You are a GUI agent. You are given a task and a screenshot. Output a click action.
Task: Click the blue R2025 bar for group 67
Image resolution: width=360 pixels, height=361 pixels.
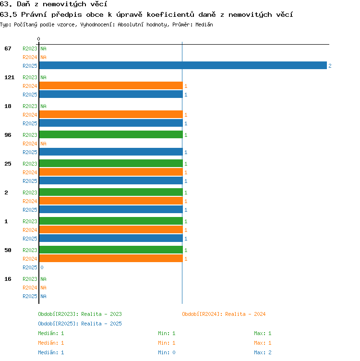tap(183, 65)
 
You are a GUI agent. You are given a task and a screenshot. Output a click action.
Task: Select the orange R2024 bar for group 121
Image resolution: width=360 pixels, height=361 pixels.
tap(111, 85)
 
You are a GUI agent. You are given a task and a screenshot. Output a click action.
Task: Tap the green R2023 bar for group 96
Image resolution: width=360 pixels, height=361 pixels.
tap(111, 135)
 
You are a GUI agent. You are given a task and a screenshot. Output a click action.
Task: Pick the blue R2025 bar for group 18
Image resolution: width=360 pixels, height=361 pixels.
tap(111, 123)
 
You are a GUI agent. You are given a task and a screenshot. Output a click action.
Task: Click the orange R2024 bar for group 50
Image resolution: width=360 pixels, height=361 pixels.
tap(111, 259)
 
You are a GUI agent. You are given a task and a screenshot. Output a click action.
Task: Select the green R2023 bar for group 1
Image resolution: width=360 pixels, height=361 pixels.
tap(111, 221)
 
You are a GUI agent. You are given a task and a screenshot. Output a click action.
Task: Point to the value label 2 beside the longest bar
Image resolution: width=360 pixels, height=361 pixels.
tap(330, 66)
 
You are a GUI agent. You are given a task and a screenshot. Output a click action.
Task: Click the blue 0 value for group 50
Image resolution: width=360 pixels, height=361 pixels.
tap(42, 267)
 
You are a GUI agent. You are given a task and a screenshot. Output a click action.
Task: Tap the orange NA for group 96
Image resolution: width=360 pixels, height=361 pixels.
tap(43, 144)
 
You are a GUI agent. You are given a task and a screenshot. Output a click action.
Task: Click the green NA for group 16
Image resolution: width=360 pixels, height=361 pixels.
tap(43, 279)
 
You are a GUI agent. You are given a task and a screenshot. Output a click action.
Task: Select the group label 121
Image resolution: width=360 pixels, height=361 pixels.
tap(10, 77)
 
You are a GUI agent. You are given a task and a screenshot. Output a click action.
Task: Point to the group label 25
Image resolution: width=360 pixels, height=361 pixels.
tap(8, 164)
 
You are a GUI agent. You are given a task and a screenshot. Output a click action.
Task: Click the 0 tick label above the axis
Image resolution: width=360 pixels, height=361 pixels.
tap(38, 39)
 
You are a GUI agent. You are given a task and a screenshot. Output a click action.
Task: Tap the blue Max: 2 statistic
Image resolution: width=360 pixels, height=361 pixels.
tap(263, 352)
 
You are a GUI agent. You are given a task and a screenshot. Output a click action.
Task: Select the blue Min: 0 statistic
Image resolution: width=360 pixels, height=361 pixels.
tap(167, 352)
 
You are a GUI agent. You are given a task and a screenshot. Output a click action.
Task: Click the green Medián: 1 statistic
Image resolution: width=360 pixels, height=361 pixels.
tap(51, 333)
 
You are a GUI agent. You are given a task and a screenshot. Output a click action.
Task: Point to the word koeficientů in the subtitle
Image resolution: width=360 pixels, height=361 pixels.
tap(170, 15)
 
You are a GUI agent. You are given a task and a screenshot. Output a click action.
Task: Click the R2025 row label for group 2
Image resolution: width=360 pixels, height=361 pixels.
tap(30, 210)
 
